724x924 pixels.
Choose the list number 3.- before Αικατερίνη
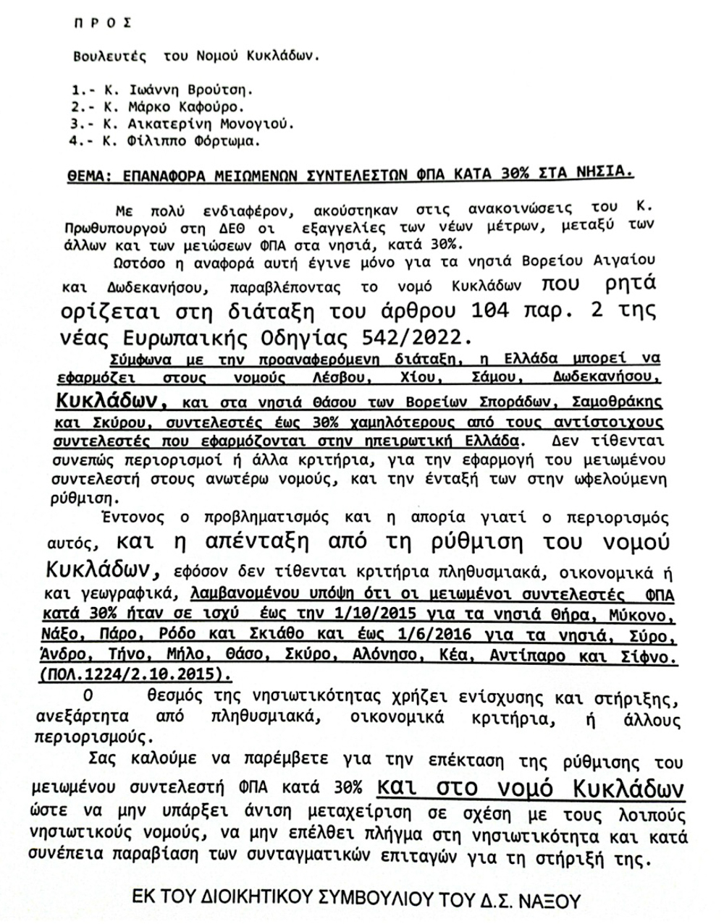82,124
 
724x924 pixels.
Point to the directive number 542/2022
408,339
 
